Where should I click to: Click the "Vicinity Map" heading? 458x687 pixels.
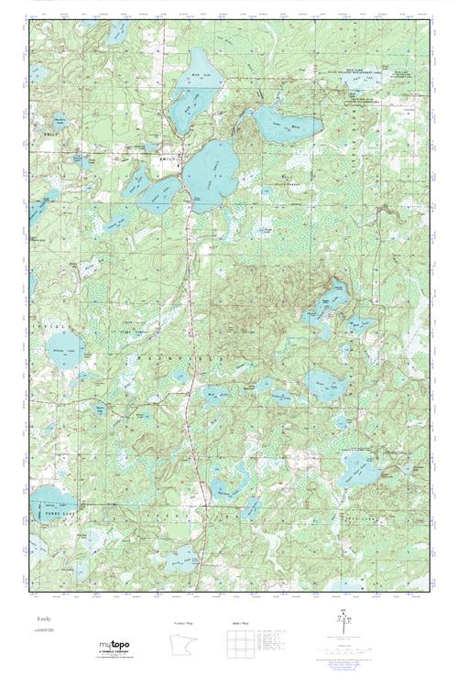185,623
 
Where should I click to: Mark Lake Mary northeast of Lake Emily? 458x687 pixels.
284,123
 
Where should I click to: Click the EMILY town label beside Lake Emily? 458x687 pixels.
166,158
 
